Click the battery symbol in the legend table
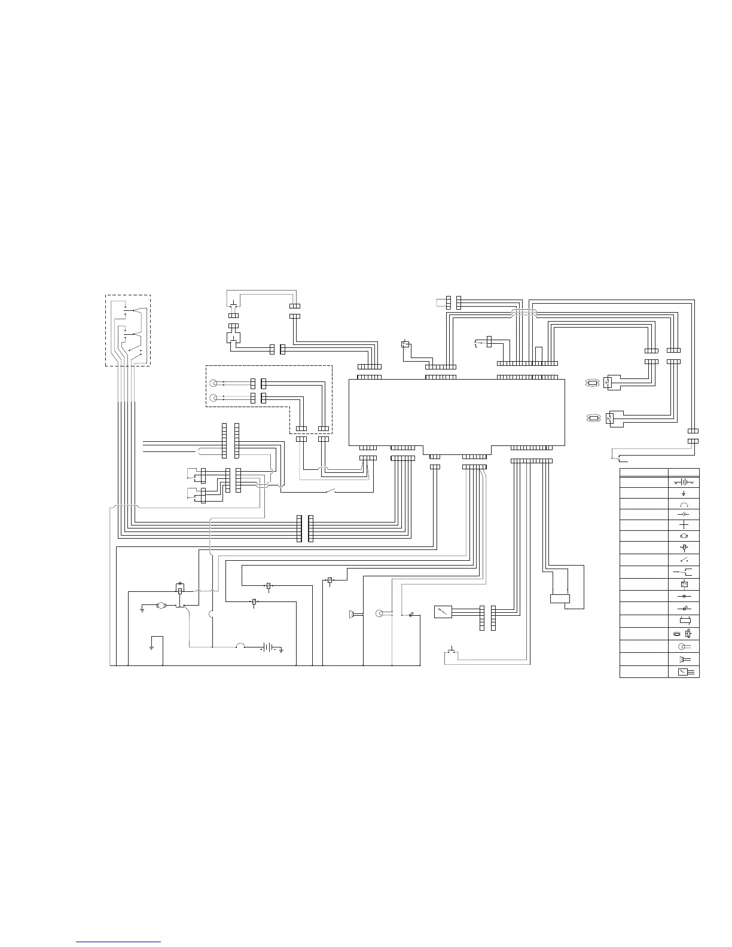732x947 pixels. [684, 482]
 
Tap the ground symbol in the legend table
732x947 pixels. [684, 494]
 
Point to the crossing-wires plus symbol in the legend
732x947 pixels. [684, 524]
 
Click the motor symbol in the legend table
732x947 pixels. [684, 536]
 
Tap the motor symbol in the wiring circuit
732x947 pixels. [160, 606]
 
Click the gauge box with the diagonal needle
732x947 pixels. [443, 612]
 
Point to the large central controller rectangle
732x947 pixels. [457, 413]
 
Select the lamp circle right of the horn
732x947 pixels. [378, 613]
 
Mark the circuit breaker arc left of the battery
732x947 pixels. [240, 646]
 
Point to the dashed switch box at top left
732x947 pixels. [127, 330]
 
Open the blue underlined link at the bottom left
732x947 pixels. [118, 942]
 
